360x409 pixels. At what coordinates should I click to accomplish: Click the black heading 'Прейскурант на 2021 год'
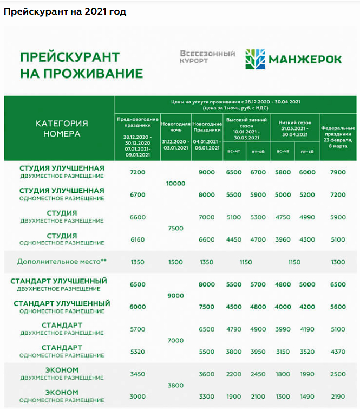(65, 11)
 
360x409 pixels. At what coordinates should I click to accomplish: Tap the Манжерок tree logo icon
(256, 60)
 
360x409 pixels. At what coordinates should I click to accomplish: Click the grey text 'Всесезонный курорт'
(207, 57)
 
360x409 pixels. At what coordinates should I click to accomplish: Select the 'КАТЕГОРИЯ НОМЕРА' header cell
(62, 128)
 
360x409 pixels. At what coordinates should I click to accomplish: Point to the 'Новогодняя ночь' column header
(176, 127)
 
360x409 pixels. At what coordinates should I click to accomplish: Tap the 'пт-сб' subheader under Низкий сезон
(307, 152)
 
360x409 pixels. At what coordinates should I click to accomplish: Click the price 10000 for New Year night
(176, 184)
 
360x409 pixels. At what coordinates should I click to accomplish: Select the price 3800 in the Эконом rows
(176, 386)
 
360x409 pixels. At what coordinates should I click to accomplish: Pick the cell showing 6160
(138, 239)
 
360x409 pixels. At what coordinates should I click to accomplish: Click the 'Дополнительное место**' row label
(62, 262)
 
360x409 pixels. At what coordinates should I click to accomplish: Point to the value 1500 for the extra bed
(176, 262)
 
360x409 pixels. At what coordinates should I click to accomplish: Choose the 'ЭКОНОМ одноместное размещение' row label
(62, 396)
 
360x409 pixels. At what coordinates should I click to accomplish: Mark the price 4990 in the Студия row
(307, 217)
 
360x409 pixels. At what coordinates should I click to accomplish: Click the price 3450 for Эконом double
(138, 374)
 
